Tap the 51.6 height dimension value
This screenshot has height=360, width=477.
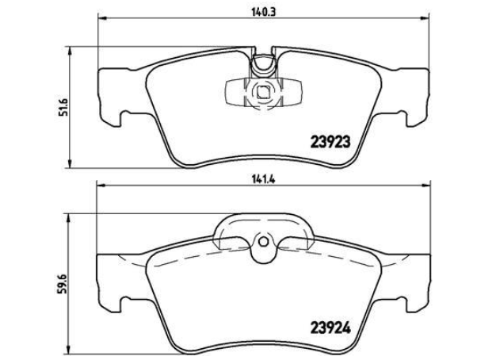pos(63,107)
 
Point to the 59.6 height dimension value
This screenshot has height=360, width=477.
pos(61,284)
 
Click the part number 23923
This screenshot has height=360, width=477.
pos(330,142)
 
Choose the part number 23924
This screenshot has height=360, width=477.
pos(330,327)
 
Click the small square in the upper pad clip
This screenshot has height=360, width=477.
pos(263,92)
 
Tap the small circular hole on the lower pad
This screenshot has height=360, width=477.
pos(263,242)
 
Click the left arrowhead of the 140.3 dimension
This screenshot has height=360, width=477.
pos(102,19)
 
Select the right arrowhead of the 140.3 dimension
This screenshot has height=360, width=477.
pos(425,19)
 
